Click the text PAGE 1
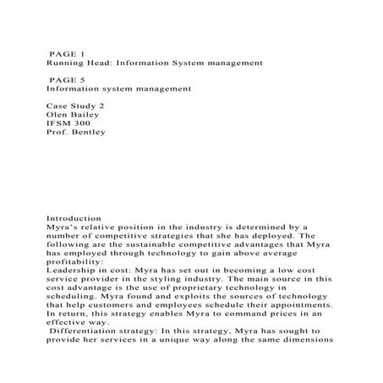click(68, 52)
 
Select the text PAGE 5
click(68, 76)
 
